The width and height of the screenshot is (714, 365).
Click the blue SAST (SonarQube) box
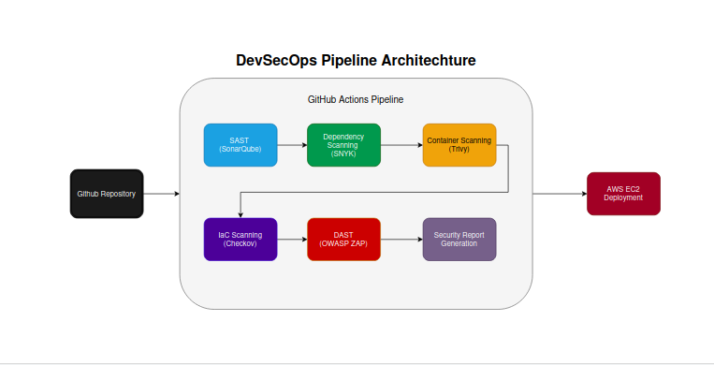pos(240,145)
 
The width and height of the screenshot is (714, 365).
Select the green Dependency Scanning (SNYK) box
pos(343,145)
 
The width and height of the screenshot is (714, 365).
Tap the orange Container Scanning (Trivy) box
pos(459,145)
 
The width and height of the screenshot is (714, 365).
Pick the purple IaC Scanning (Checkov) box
pos(240,239)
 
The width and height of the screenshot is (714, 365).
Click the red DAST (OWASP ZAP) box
pos(343,239)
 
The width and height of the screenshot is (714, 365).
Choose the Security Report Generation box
pos(459,239)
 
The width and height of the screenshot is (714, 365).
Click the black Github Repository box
pos(107,194)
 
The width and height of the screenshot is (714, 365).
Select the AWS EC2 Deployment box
pos(622,194)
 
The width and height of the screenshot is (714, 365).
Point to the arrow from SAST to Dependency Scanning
pos(292,145)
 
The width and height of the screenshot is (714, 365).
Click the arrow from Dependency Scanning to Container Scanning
pos(401,145)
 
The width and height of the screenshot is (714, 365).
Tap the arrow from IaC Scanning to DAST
pos(292,239)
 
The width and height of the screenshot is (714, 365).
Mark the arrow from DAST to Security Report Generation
pos(401,239)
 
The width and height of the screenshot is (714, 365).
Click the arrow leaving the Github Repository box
pos(161,194)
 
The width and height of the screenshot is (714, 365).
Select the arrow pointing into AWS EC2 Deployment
pos(560,194)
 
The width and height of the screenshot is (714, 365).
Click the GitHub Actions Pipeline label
pos(356,98)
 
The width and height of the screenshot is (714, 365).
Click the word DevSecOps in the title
pos(276,61)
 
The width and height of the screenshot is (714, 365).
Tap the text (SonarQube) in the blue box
pos(240,150)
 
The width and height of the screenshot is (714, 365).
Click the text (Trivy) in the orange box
pos(459,150)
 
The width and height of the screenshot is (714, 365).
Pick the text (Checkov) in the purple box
pos(240,243)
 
